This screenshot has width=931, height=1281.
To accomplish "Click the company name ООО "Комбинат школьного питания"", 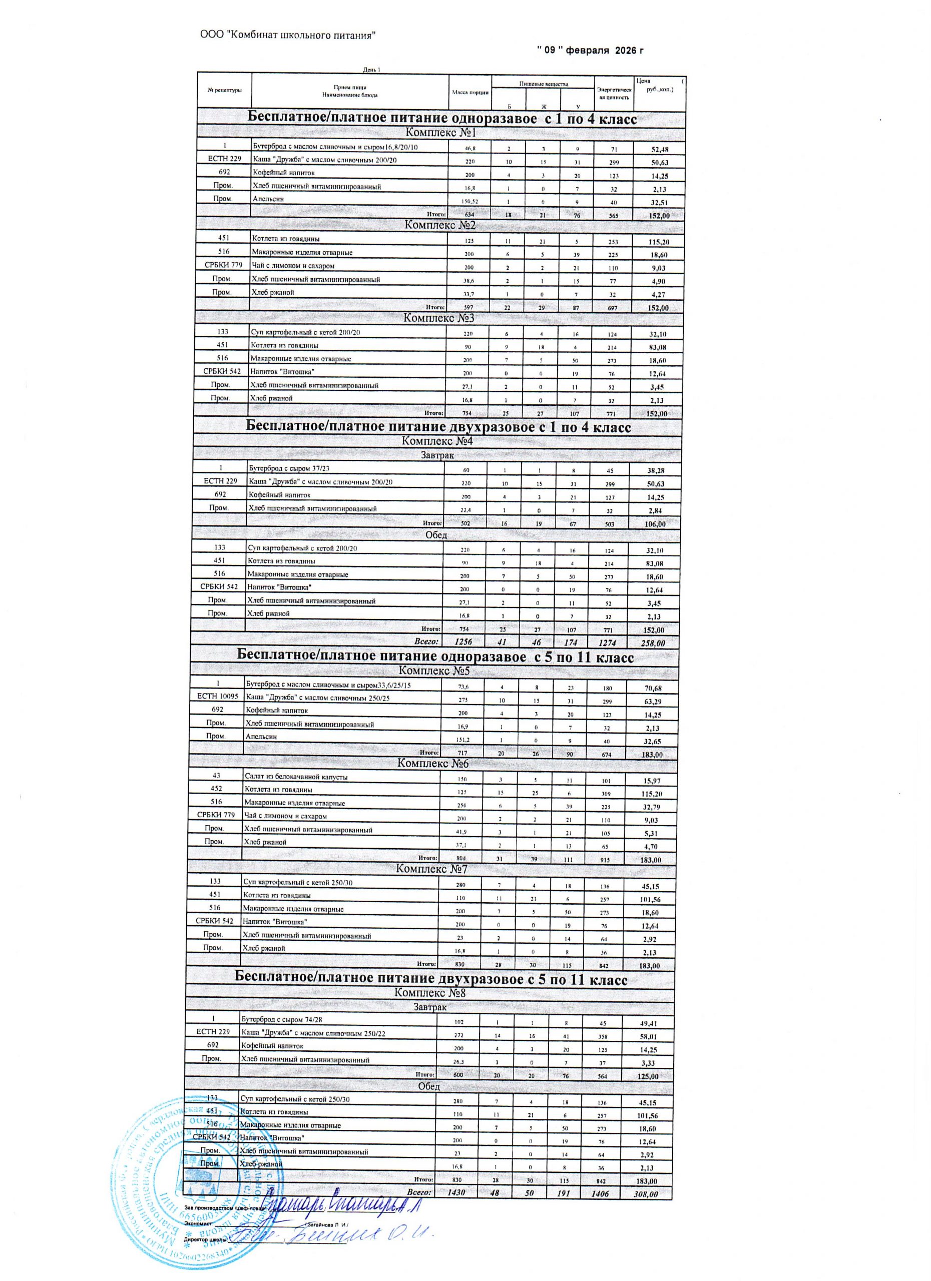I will click(288, 36).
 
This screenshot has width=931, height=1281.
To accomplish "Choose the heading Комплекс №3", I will click(438, 317).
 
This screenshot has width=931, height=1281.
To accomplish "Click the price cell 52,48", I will click(659, 149).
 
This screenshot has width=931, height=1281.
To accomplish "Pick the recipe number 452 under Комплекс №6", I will click(216, 789).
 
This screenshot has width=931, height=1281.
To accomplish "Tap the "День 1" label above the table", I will click(372, 70).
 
